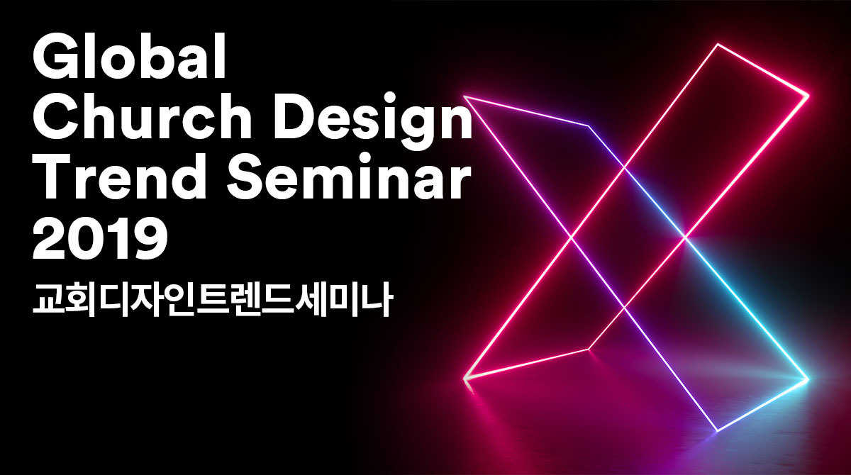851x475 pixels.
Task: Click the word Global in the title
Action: pos(130,56)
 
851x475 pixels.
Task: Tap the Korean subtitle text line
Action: pos(212,299)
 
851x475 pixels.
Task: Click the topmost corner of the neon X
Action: pos(718,45)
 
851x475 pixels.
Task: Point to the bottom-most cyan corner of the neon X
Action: pos(717,430)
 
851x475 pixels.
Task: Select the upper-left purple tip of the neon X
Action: pos(465,97)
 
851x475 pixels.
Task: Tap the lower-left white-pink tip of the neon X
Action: pos(465,379)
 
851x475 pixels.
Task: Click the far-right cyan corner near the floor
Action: pos(808,379)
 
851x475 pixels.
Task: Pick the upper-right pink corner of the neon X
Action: pos(808,95)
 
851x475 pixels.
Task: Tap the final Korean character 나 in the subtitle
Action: pos(377,300)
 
